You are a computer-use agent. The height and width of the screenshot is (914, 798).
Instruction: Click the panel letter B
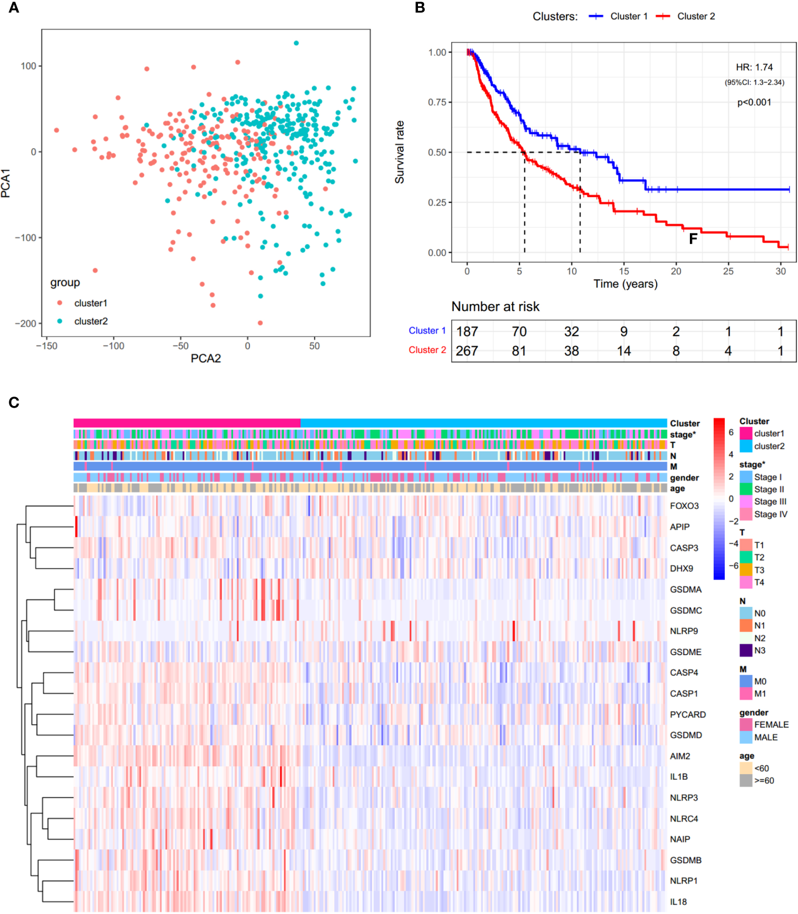point(420,8)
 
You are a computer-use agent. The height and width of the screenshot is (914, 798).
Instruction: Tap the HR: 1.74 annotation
point(754,67)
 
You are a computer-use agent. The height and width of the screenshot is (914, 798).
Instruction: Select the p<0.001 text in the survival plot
point(754,102)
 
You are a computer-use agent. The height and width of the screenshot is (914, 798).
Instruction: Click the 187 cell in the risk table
point(467,332)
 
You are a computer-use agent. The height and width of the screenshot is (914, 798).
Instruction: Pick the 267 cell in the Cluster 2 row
point(467,351)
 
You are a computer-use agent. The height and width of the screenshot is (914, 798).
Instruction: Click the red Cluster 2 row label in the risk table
point(427,350)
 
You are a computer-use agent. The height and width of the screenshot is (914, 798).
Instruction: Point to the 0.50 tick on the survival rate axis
point(437,152)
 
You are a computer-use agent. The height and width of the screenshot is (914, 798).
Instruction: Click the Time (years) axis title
point(625,284)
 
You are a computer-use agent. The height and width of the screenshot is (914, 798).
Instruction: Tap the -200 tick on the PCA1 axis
point(25,323)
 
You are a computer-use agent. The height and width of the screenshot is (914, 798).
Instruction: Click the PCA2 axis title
point(206,358)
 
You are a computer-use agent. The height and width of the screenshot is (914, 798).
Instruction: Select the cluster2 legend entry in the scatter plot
point(90,321)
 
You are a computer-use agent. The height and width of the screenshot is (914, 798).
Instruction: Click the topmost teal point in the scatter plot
point(296,43)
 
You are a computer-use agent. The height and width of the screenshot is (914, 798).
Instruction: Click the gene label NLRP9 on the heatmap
point(684,631)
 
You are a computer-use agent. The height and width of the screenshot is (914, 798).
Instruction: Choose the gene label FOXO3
point(684,506)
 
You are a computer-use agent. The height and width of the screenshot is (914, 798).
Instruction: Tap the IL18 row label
point(678,902)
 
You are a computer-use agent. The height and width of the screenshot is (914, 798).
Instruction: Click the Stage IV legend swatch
point(746,514)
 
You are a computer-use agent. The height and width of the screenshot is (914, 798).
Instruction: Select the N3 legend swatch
point(746,650)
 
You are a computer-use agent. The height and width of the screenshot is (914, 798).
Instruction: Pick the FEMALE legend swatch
point(746,725)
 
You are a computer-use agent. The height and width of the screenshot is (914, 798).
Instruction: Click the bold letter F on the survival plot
point(693,239)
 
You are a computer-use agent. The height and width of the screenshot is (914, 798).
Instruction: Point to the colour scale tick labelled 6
point(731,433)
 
